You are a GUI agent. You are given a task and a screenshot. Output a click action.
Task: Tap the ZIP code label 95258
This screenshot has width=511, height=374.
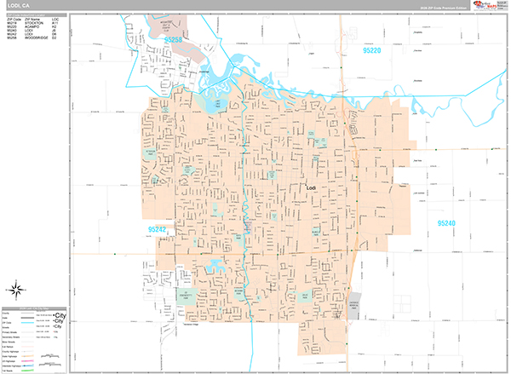point(173,39)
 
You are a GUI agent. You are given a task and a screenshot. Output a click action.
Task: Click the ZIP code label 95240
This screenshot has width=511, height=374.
point(446,223)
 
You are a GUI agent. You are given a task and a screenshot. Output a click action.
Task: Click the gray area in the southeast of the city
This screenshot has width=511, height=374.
point(353,305)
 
